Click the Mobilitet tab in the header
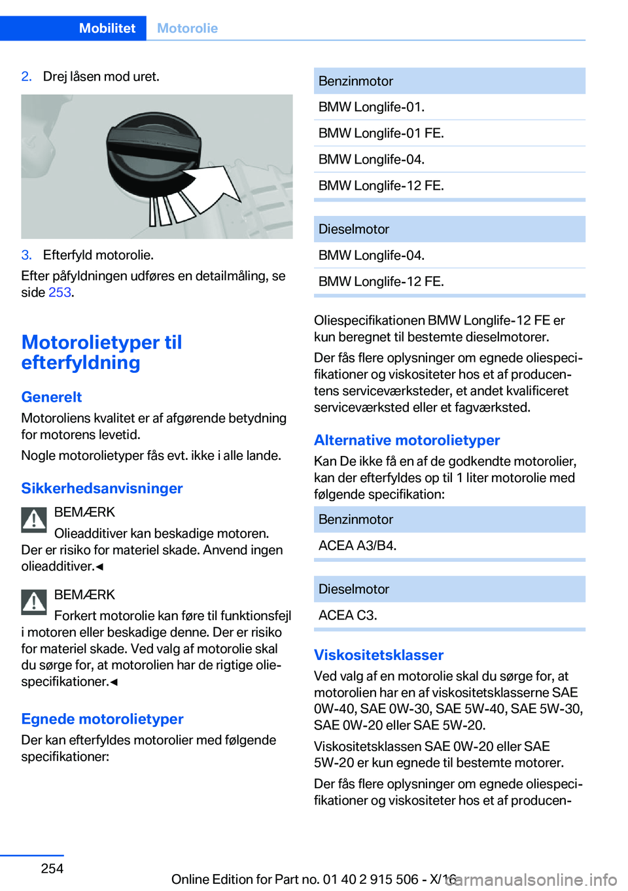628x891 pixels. click(x=107, y=28)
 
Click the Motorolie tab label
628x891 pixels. click(x=187, y=28)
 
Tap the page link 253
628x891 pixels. click(x=60, y=292)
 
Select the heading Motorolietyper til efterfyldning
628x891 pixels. click(x=101, y=352)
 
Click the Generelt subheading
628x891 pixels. click(x=52, y=397)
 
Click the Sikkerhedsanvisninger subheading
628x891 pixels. click(x=102, y=488)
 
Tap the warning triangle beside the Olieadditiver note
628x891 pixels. click(x=34, y=519)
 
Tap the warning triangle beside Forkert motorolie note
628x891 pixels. click(x=34, y=602)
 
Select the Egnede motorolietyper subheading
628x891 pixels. click(x=102, y=719)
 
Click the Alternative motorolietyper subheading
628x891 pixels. click(x=407, y=440)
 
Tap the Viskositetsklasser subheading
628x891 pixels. click(x=379, y=655)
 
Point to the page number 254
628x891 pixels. click(x=52, y=868)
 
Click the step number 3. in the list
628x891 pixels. click(x=27, y=255)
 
